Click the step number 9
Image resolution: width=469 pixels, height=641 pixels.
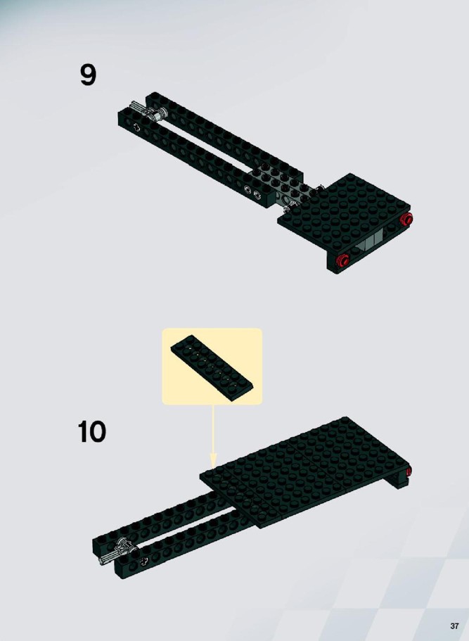pos(88,75)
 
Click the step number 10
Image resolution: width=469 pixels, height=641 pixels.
pos(92,432)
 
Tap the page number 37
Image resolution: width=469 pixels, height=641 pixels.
pos(454,626)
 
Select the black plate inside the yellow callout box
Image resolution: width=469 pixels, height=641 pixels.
pos(212,367)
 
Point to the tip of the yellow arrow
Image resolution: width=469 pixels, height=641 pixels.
pos(213,467)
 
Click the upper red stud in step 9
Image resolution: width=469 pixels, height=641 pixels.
pos(406,219)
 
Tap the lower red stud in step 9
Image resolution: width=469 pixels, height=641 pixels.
pos(342,260)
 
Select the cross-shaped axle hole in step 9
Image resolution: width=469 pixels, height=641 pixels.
pos(136,127)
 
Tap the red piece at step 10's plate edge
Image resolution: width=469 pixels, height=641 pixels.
pos(409,471)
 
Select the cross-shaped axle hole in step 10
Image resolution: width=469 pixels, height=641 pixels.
pos(143,561)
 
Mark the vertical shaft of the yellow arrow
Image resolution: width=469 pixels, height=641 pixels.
pos(213,429)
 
